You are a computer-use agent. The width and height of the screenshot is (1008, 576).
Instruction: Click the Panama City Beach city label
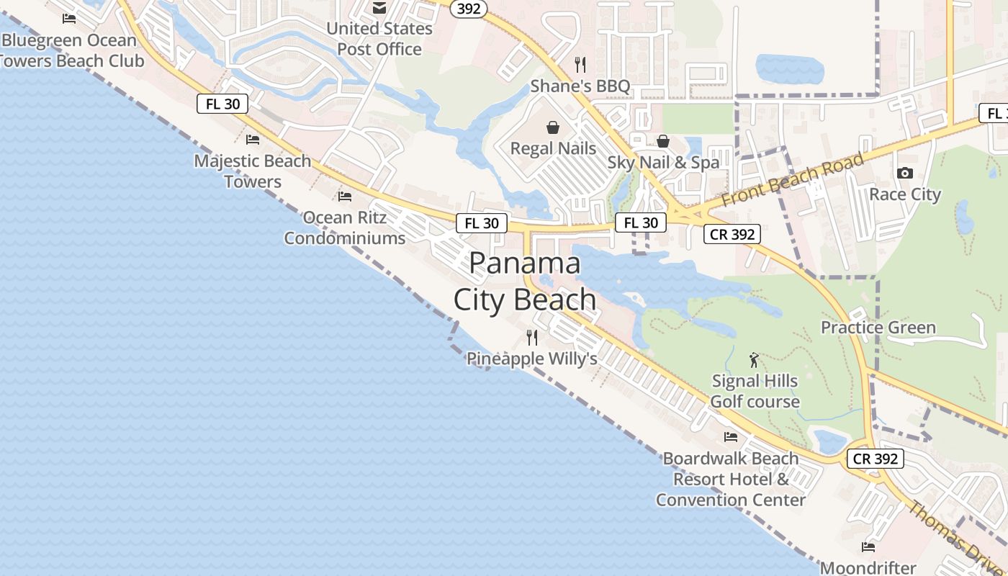[x=525, y=282]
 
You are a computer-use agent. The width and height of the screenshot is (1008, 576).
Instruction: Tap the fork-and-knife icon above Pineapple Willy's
[x=532, y=337]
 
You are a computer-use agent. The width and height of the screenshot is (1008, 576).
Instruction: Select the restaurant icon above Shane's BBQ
[x=580, y=65]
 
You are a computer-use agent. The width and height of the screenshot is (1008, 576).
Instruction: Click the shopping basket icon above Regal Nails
[x=553, y=127]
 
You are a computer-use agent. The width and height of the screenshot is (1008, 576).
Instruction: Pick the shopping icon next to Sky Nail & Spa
[x=662, y=140]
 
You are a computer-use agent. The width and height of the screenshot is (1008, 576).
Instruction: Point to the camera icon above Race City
[x=905, y=173]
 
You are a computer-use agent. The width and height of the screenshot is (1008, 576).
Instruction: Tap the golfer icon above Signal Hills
[x=754, y=359]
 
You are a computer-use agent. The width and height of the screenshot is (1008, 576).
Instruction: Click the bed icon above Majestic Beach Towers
[x=252, y=140]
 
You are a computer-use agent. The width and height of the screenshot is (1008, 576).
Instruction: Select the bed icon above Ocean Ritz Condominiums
[x=345, y=196]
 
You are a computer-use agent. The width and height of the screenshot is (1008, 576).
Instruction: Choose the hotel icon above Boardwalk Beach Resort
[x=731, y=436]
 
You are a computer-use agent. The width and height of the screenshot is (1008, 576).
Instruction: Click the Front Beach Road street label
[x=791, y=179]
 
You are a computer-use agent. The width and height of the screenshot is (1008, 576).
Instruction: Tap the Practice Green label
[x=878, y=328]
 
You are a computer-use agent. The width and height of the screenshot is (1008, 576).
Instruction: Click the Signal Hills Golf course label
[x=755, y=391]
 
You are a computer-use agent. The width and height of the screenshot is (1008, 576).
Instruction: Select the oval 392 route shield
[x=469, y=9]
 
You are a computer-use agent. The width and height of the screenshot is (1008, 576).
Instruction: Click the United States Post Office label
[x=379, y=39]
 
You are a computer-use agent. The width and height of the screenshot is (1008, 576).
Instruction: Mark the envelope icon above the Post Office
[x=379, y=8]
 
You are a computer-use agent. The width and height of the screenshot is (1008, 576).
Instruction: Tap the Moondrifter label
[x=868, y=567]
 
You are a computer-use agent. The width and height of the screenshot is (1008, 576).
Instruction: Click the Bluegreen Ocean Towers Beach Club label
[x=71, y=50]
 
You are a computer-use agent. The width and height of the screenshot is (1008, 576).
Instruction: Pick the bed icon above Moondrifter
[x=868, y=547]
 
